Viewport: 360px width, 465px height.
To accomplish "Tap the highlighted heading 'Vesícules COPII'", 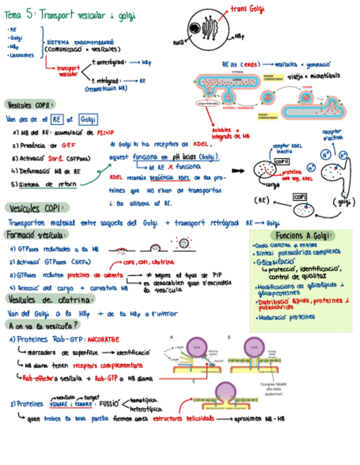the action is click(x=30, y=104).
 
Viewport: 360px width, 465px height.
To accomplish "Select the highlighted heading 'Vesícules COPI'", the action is click(x=36, y=208).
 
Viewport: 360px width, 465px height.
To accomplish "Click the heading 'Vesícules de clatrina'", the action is click(x=50, y=299).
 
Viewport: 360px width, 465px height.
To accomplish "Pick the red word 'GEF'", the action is click(x=69, y=146).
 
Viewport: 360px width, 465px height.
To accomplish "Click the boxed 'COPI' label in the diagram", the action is click(x=300, y=197).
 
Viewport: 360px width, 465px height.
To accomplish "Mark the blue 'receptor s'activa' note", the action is click(x=333, y=135).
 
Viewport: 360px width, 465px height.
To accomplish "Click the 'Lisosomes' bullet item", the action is click(x=21, y=55).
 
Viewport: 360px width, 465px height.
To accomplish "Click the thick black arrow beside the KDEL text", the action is click(x=238, y=171).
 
